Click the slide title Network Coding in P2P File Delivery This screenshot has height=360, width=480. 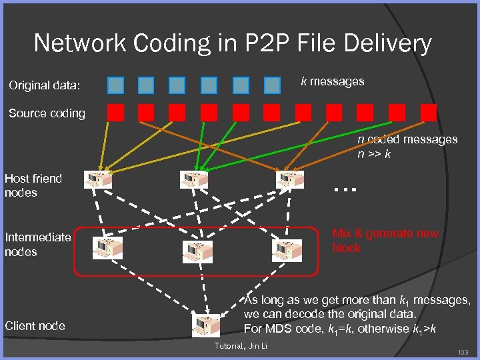tap(233, 44)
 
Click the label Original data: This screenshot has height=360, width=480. tap(44, 85)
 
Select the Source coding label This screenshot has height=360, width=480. tap(47, 113)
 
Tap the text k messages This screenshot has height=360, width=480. tap(333, 81)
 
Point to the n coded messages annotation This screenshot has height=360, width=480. tap(407, 146)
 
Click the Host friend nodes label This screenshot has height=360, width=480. tap(33, 185)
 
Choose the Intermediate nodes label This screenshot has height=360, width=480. tap(37, 245)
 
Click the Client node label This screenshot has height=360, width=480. tap(35, 325)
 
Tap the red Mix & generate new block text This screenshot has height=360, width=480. tap(385, 241)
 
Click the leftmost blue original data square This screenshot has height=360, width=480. tap(116, 85)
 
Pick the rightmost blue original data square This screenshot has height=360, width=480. tap(272, 85)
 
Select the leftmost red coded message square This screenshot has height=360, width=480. tap(116, 112)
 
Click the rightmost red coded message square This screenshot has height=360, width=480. tap(429, 112)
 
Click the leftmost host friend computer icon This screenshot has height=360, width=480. tap(98, 179)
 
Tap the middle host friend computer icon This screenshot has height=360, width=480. tap(194, 179)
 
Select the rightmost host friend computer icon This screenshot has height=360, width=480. tap(290, 179)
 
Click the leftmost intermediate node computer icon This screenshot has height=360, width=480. tap(107, 249)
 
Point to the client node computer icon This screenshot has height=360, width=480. tap(205, 325)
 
